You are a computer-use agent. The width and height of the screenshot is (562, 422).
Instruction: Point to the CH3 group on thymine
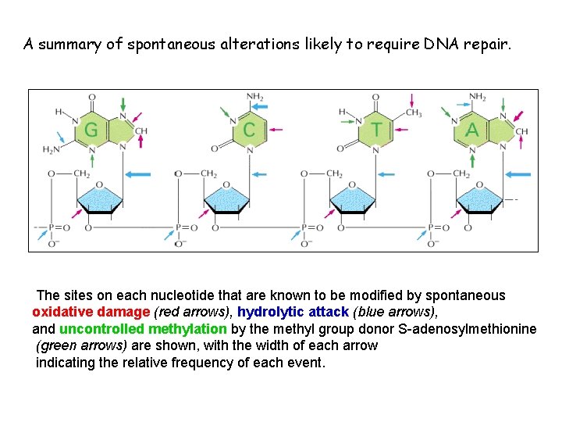coord(412,112)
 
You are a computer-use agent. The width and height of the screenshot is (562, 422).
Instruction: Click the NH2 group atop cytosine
coord(254,97)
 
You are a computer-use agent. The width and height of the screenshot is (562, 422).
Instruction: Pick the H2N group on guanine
coord(52,149)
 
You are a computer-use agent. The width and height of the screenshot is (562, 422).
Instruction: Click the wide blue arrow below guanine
coord(138,173)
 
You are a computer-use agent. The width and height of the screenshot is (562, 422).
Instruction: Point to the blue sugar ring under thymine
coord(353,199)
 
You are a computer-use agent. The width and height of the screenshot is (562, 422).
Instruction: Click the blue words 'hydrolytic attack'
coord(293,312)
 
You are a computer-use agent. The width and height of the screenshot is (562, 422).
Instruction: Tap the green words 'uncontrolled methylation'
coord(143,329)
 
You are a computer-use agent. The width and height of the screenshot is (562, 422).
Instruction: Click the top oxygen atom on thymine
coord(375,98)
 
